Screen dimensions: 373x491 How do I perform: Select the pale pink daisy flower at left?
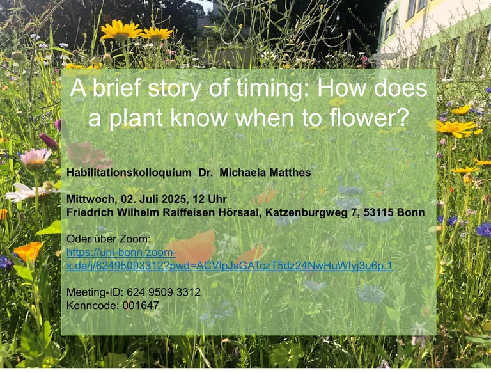point(35,157)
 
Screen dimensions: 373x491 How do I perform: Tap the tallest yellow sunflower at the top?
point(121,29)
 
